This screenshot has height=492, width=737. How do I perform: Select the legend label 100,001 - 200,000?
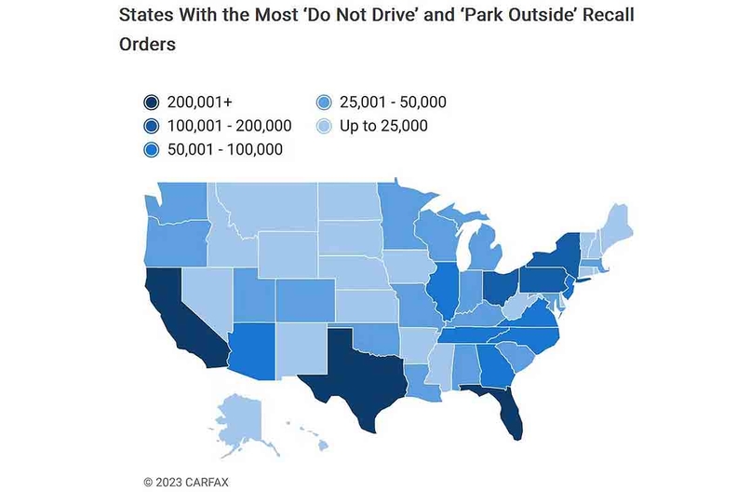(x=231, y=126)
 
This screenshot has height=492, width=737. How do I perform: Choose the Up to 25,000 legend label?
(x=383, y=126)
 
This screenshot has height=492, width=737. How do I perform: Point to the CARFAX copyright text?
(x=187, y=482)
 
